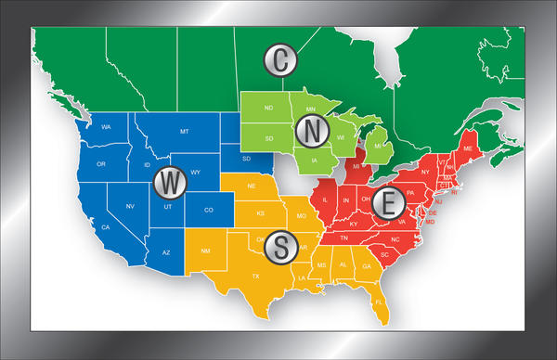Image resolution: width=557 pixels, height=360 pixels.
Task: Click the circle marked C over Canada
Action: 280,61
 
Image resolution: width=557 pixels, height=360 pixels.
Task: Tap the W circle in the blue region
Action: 169,183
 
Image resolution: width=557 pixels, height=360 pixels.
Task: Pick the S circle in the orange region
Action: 280,247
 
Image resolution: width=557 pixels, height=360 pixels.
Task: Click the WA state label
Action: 107,126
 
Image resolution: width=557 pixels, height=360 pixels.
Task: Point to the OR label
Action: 101,164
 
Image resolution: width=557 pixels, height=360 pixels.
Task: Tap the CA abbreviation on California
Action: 107,227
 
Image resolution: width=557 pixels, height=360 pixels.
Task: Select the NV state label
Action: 130,205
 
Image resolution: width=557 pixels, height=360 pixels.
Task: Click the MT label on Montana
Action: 185,133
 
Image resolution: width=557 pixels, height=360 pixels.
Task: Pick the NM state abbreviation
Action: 205,251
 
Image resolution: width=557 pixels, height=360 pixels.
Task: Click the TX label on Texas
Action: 257,276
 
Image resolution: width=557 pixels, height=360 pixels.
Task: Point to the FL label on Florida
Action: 378,302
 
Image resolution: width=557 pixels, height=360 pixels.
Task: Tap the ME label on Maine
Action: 466,148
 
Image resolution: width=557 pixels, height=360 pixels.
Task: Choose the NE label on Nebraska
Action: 251,186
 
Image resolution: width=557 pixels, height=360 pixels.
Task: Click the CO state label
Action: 209,210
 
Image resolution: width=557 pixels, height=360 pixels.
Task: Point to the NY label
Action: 425,172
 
